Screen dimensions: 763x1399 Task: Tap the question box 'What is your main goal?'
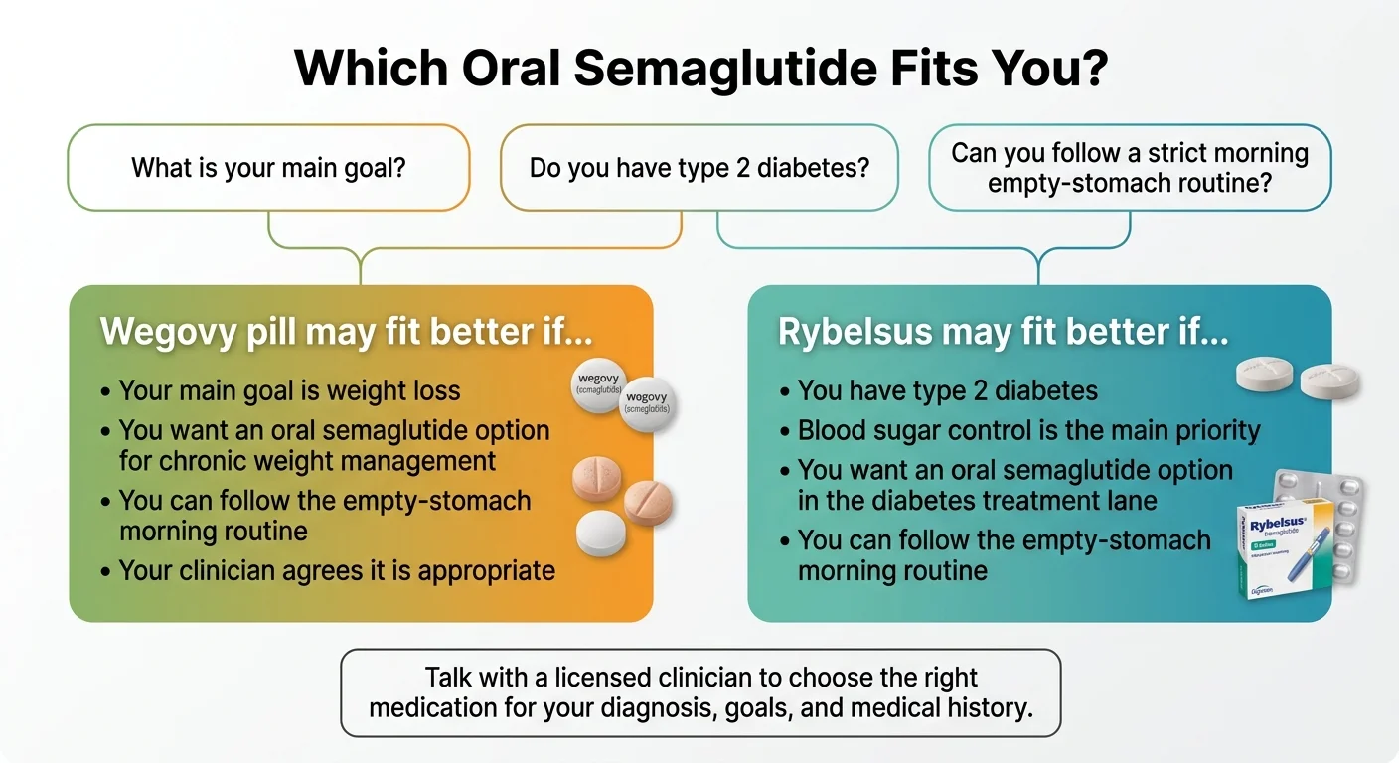(268, 167)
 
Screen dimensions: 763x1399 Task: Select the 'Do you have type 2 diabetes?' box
(699, 167)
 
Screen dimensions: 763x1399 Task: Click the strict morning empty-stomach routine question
(1129, 168)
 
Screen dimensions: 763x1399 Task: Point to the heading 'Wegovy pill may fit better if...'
(346, 331)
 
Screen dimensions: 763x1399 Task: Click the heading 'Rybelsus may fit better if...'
(1003, 332)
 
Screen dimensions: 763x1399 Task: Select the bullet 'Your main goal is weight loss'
(289, 390)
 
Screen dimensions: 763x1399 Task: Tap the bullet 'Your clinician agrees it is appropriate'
(337, 570)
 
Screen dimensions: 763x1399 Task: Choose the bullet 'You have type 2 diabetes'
(948, 390)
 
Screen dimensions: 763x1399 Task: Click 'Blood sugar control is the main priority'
(1028, 430)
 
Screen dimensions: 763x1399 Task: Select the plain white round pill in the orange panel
(602, 534)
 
